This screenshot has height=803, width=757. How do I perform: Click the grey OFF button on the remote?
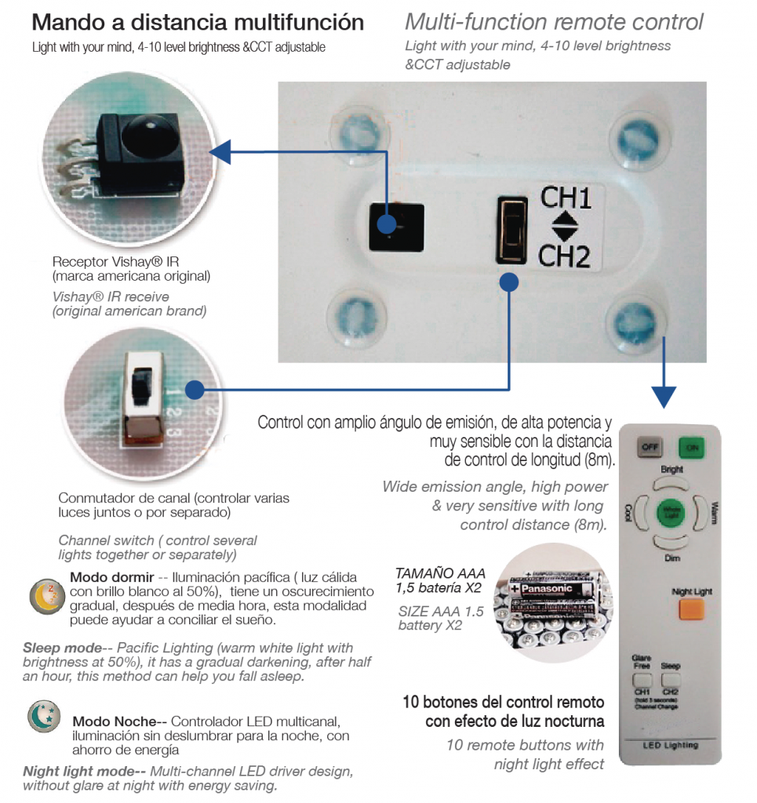650,448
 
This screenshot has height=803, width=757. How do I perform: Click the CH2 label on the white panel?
565,255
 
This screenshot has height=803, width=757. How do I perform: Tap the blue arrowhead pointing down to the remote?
664,396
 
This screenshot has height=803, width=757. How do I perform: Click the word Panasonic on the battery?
555,588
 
